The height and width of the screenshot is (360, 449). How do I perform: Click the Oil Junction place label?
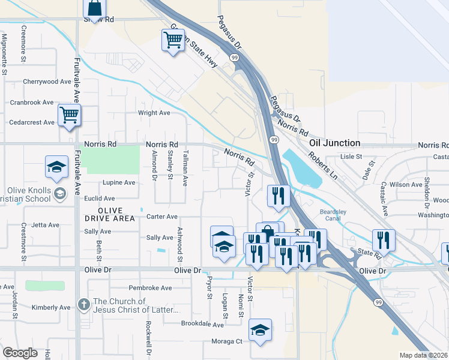[334, 143]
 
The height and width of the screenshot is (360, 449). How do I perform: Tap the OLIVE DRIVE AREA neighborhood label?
[106, 215]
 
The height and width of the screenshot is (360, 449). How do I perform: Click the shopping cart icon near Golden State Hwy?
[173, 40]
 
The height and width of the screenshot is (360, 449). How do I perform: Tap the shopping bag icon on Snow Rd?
[94, 8]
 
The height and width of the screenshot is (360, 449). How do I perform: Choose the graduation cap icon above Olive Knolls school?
[56, 167]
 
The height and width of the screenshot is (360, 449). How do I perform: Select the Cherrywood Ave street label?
[47, 82]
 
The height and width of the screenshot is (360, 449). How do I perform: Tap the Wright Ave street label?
[154, 113]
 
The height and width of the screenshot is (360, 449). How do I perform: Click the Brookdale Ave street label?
[203, 324]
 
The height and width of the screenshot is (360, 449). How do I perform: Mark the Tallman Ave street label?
[185, 168]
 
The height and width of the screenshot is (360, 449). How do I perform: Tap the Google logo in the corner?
[20, 353]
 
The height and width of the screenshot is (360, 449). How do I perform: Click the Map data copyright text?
[424, 355]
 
